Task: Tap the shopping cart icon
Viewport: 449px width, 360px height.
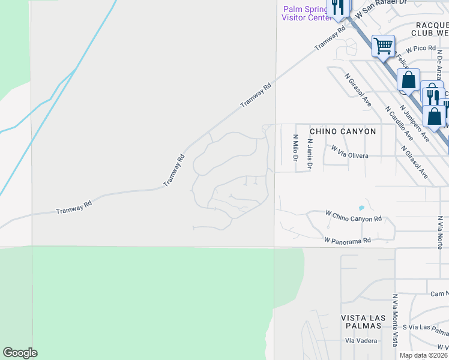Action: click(382, 45)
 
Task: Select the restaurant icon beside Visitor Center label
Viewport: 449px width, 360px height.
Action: click(337, 7)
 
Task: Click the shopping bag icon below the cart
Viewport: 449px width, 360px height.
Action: click(408, 80)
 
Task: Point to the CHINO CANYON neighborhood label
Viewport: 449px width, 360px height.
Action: click(342, 131)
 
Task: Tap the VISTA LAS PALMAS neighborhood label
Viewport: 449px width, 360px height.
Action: click(361, 321)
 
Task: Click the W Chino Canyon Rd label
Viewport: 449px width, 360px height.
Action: click(353, 216)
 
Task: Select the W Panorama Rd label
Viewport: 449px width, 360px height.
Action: click(348, 239)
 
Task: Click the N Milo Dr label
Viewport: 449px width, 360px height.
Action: click(295, 148)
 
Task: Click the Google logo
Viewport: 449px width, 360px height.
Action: click(20, 353)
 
